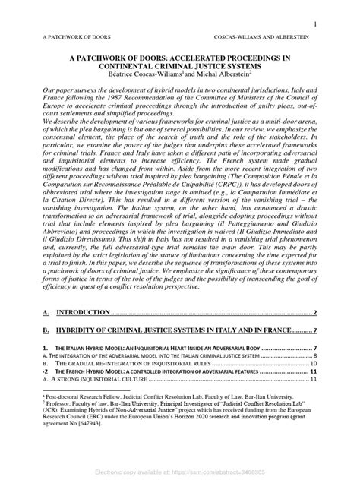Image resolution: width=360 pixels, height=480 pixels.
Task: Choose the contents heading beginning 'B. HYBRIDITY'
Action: (175, 331)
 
